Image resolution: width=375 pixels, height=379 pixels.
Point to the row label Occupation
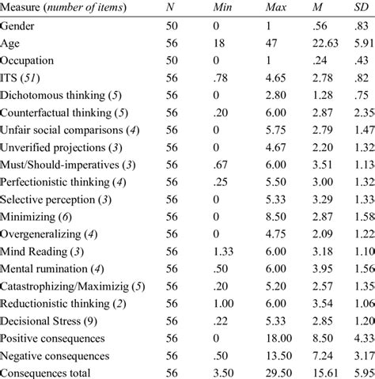[x=31, y=59]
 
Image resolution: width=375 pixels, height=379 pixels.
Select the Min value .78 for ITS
[x=221, y=77]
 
